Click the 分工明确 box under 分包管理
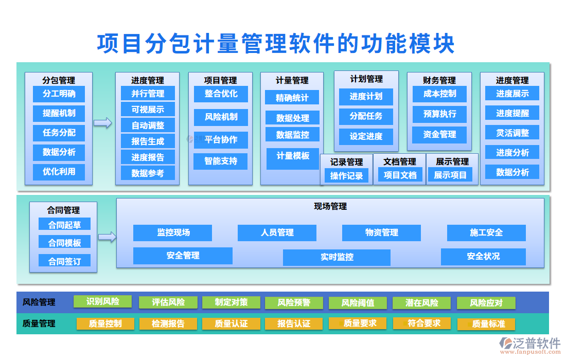[x=59, y=94]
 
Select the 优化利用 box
[x=59, y=172]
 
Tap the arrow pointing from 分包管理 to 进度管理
[x=103, y=123]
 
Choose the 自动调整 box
[x=148, y=125]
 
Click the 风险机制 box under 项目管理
[x=221, y=117]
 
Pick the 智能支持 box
[x=221, y=161]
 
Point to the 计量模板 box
[x=293, y=156]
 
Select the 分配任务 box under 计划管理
[x=366, y=116]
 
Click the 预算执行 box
[x=439, y=114]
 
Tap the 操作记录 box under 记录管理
[x=346, y=176]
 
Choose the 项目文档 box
[x=400, y=175]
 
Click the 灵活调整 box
[x=512, y=133]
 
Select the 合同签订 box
[x=64, y=261]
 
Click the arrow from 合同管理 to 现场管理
[x=107, y=237]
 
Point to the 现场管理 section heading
[x=330, y=206]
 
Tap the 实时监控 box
[x=337, y=257]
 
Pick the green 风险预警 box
[x=294, y=303]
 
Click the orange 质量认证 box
[x=231, y=323]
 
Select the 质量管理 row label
[x=39, y=323]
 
